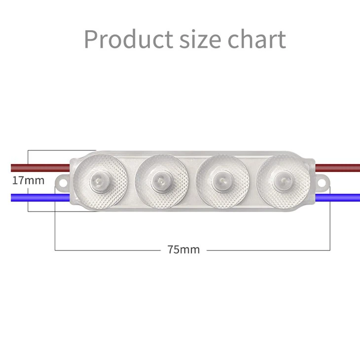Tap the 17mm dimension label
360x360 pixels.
[x=28, y=180]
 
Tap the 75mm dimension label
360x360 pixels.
[x=183, y=250]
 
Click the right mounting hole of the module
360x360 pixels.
[x=323, y=181]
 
